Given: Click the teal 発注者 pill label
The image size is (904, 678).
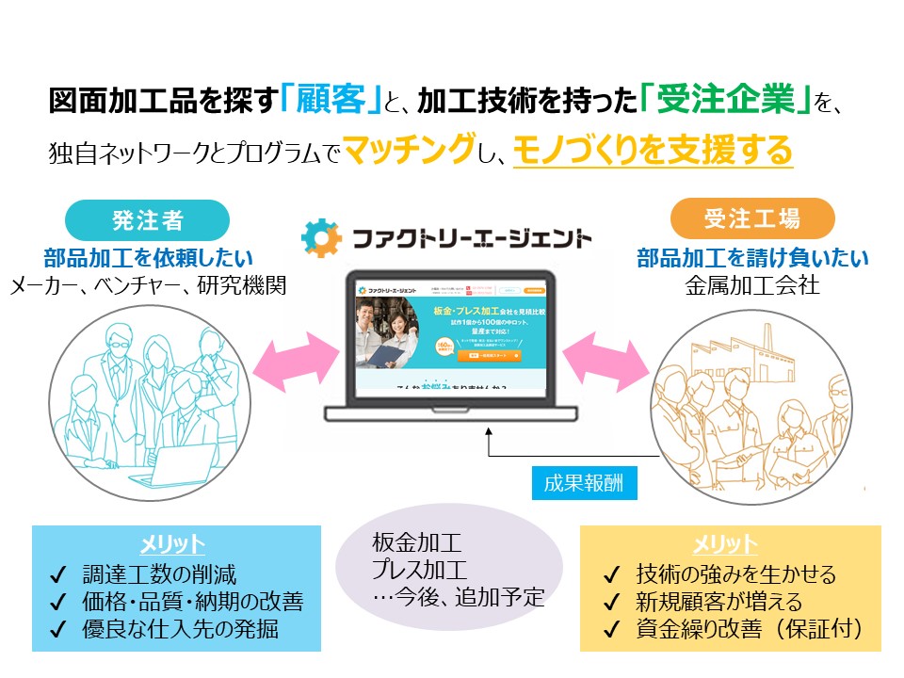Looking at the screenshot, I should pos(147,220).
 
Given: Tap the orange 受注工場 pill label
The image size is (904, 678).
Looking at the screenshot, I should pos(752,220).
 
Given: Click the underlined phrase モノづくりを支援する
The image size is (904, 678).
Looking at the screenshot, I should pos(654,151).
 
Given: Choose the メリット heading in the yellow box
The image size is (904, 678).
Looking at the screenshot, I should pos(724,544).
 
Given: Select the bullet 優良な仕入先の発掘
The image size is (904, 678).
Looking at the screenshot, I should pos(175,628).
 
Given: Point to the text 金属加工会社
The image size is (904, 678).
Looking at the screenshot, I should pos(752,284).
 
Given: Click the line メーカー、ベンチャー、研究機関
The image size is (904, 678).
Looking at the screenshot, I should pos(147,284).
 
